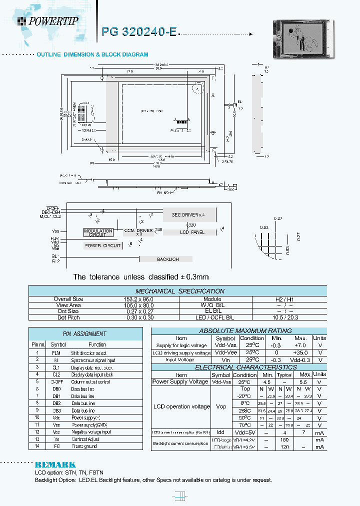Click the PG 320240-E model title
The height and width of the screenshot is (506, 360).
[139, 31]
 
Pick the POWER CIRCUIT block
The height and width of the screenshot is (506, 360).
[102, 245]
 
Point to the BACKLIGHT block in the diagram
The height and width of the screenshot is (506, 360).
[168, 259]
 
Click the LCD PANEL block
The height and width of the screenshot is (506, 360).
[191, 232]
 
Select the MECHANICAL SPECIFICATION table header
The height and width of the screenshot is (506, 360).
[180, 291]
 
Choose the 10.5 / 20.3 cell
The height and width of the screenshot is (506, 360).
[289, 317]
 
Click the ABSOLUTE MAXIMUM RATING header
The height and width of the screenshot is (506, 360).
[238, 330]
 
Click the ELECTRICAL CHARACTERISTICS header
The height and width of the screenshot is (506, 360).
[238, 367]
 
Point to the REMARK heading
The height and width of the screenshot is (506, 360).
[55, 464]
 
